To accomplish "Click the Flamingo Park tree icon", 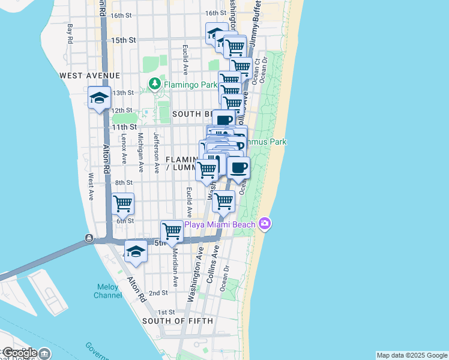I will (x=155, y=84).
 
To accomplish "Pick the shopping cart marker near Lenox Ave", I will (x=122, y=204).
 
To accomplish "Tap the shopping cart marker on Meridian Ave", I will (x=172, y=232).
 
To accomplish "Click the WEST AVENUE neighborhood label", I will (x=90, y=76).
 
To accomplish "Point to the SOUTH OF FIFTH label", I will (x=177, y=321).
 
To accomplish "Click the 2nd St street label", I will (x=158, y=293).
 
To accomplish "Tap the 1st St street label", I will (x=166, y=313).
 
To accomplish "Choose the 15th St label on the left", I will (x=124, y=40).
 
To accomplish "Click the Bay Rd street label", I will (x=70, y=33).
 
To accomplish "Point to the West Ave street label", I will (x=90, y=187).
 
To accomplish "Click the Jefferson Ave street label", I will (x=156, y=153).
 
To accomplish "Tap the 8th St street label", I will (x=124, y=182).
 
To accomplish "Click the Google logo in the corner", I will (x=19, y=353).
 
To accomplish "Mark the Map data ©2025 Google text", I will (x=411, y=355).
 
